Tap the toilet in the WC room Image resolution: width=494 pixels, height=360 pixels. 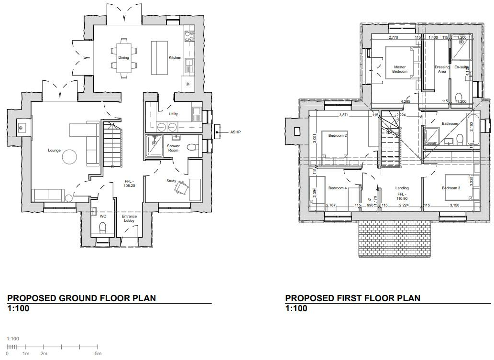click(102, 227)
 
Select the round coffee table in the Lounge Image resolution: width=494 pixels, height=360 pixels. click(70, 157)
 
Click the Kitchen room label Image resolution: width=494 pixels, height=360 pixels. click(175, 58)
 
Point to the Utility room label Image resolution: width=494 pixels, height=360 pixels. click(174, 114)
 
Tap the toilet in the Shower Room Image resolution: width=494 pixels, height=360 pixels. click(192, 148)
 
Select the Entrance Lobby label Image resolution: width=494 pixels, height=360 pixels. click(130, 218)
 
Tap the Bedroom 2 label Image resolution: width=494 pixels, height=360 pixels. click(338, 135)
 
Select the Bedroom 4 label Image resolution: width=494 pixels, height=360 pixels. click(338, 188)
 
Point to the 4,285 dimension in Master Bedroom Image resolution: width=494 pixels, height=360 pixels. click(406, 101)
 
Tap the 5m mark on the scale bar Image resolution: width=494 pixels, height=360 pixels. click(98, 353)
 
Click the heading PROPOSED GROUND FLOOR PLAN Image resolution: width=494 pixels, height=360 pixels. click(82, 298)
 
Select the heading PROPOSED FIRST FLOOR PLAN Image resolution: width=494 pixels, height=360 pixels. click(353, 298)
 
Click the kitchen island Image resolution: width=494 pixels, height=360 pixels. click(159, 57)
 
